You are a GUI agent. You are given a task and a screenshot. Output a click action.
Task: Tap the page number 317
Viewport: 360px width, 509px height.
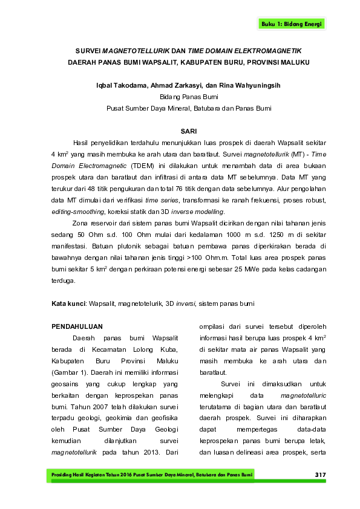[320, 475]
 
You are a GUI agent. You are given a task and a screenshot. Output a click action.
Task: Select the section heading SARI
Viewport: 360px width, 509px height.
[189, 131]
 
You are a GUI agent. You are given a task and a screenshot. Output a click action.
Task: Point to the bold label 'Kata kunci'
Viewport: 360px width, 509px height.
[67, 303]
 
